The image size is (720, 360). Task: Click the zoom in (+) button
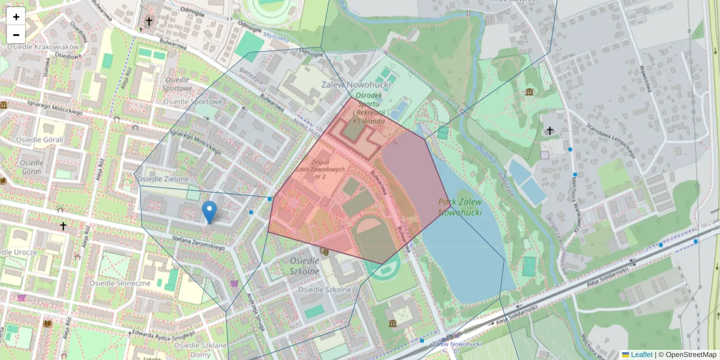(x=16, y=17)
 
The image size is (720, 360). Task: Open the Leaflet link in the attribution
(x=641, y=355)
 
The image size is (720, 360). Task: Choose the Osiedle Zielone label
(x=163, y=179)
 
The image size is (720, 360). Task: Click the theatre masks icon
(x=325, y=252)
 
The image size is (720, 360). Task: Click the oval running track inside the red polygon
(x=376, y=240)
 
